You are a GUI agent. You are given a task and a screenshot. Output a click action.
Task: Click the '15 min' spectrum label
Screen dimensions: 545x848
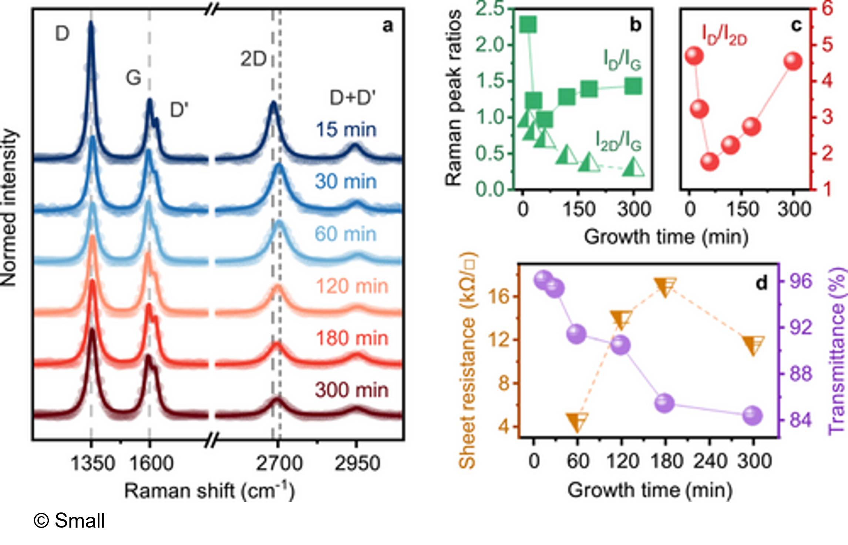[346, 130]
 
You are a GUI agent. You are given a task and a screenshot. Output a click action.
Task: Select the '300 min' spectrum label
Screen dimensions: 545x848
[351, 390]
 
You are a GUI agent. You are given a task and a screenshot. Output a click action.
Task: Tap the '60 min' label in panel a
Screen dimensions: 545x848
[345, 234]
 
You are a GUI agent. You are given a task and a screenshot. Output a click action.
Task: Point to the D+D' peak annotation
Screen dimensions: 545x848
[352, 98]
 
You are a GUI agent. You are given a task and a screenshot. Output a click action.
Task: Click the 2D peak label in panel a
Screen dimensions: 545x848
[253, 59]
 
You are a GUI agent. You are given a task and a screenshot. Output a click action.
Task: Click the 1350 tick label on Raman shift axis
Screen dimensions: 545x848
[92, 463]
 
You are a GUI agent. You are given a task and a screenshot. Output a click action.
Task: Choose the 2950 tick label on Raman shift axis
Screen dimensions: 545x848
[357, 463]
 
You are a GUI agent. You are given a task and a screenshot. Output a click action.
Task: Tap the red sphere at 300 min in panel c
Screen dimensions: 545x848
[793, 61]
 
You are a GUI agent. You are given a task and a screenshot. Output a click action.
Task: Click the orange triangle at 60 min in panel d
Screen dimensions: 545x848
[577, 422]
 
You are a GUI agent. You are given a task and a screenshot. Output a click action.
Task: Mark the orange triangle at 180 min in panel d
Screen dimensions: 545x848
[665, 287]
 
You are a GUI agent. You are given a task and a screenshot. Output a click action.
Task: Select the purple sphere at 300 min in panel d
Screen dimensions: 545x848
[753, 416]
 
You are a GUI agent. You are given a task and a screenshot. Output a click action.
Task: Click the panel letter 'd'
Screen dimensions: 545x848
[761, 283]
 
